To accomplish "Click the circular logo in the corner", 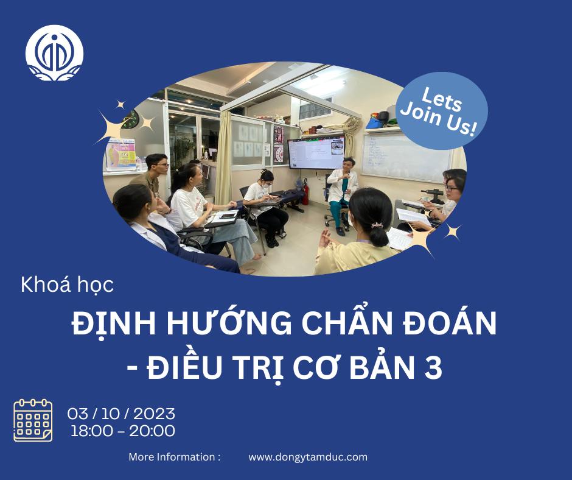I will pyautogui.click(x=55, y=53).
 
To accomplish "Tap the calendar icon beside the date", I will pyautogui.click(x=33, y=420).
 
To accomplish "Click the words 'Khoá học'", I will pyautogui.click(x=67, y=285).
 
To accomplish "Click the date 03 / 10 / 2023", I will pyautogui.click(x=122, y=414).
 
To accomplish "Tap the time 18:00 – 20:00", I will pyautogui.click(x=123, y=431).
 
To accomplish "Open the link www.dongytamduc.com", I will pyautogui.click(x=308, y=457).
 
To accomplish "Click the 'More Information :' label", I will pyautogui.click(x=174, y=457).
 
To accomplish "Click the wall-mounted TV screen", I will pyautogui.click(x=316, y=153).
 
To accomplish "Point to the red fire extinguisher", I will pyautogui.click(x=305, y=192).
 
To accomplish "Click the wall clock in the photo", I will pyautogui.click(x=130, y=121).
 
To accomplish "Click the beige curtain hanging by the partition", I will pyautogui.click(x=223, y=158).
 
